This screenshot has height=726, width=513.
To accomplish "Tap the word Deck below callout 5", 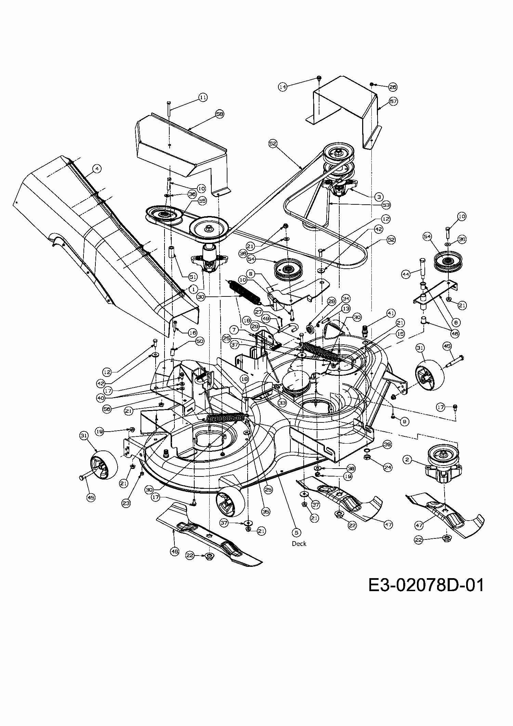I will tap(299, 544).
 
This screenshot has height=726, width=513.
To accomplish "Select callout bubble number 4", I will tap(98, 169).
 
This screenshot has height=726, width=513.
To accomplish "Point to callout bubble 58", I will tap(220, 114).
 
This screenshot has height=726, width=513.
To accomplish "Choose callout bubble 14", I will tap(282, 87).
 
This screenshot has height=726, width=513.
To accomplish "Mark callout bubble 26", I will tap(393, 87).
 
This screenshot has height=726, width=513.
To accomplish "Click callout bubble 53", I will tap(386, 205).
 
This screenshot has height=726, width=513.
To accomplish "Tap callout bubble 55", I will tap(202, 201).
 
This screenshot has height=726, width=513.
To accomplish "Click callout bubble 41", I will tap(391, 313).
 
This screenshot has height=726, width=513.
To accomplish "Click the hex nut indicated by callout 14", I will tap(319, 78).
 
